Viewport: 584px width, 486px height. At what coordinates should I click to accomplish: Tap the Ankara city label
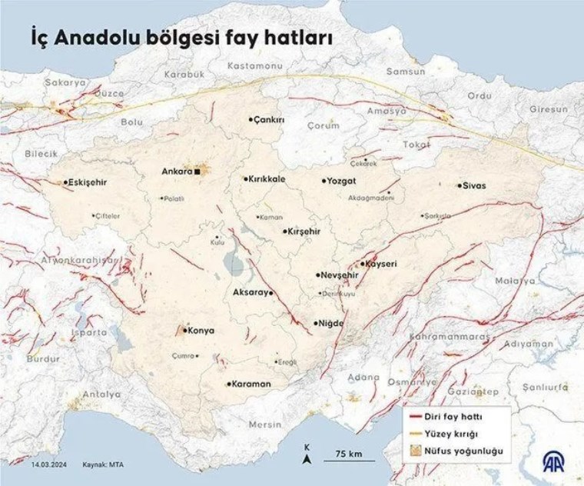(176, 171)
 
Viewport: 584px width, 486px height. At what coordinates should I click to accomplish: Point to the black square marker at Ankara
(197, 172)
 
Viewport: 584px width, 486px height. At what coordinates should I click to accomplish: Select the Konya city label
(201, 331)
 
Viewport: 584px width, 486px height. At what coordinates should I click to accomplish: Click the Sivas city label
(475, 186)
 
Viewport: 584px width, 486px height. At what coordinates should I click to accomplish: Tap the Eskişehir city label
(87, 183)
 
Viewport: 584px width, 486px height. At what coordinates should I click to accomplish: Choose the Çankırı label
(270, 120)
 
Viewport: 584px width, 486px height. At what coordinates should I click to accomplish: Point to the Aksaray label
(250, 293)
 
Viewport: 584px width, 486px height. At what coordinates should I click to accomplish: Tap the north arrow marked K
(307, 456)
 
